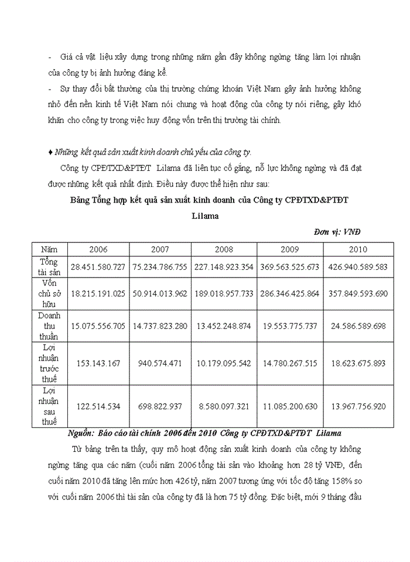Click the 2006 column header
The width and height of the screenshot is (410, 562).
tap(98, 249)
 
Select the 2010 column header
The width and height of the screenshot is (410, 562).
tap(358, 249)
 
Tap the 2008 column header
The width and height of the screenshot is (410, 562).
tap(224, 249)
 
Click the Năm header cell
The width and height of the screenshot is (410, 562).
tap(49, 249)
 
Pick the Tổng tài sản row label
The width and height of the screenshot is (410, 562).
tap(49, 266)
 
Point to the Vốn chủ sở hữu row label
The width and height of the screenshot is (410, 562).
tap(49, 293)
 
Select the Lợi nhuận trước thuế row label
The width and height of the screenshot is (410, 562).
tap(49, 363)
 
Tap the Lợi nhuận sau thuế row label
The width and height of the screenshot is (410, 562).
tap(49, 406)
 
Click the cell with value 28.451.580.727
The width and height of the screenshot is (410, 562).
tap(98, 267)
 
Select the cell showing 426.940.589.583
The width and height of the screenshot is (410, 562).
tap(358, 267)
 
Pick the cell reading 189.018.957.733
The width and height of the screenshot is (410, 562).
tap(224, 293)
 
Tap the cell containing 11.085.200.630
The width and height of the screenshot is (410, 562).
tap(291, 406)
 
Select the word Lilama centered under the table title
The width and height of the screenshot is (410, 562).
tap(205, 216)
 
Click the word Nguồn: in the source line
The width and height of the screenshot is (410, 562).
tap(81, 433)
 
